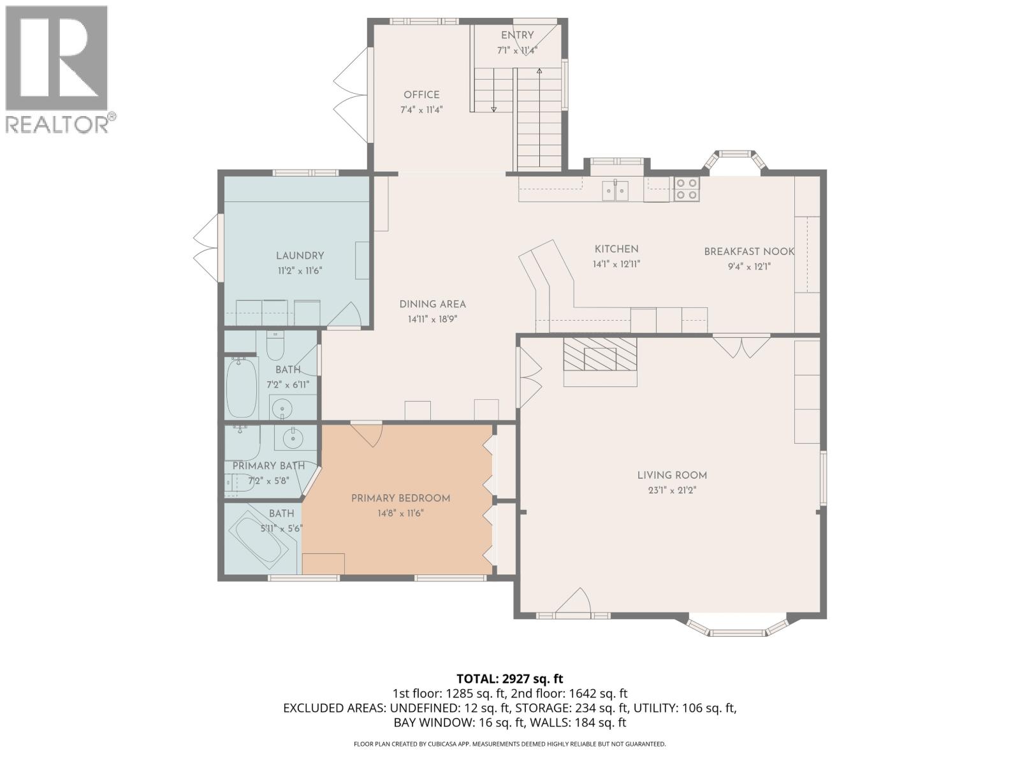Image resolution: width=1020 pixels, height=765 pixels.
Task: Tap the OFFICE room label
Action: click(421, 95)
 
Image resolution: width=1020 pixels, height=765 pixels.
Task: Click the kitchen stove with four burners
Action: click(687, 189)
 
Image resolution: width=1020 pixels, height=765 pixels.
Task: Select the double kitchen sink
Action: click(616, 190)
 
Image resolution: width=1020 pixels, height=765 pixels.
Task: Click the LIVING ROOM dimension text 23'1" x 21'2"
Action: click(672, 491)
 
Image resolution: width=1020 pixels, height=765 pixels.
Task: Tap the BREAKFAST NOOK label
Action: click(748, 252)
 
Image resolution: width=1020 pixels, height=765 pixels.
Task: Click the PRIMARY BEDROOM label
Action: click(400, 499)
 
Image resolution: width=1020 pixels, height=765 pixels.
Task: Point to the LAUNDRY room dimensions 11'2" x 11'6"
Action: click(300, 270)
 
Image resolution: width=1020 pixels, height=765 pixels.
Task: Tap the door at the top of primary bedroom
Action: click(367, 433)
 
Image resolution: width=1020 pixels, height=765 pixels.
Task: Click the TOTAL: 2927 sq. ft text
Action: click(509, 679)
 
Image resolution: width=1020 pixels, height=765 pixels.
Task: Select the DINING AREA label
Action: click(433, 305)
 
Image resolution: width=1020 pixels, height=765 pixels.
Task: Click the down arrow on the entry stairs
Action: click(494, 108)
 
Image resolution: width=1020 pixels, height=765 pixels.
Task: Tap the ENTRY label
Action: click(517, 36)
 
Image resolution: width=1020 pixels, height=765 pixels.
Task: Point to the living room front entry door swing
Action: click(574, 602)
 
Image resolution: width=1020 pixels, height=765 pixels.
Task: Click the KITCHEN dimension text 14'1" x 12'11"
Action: click(616, 263)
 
